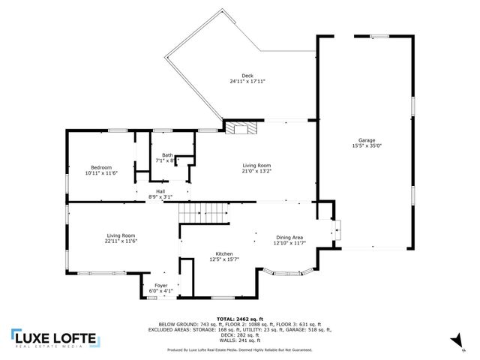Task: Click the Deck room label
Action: [237, 75]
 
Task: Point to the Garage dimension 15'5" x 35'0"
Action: [367, 146]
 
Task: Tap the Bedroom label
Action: [101, 167]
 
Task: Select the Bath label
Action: [166, 155]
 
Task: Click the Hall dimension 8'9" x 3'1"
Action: [160, 197]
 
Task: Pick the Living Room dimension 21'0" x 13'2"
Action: [256, 171]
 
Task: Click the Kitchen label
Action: [224, 253]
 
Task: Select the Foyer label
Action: [161, 285]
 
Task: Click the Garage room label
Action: [367, 140]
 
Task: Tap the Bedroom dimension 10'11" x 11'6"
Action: [101, 173]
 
